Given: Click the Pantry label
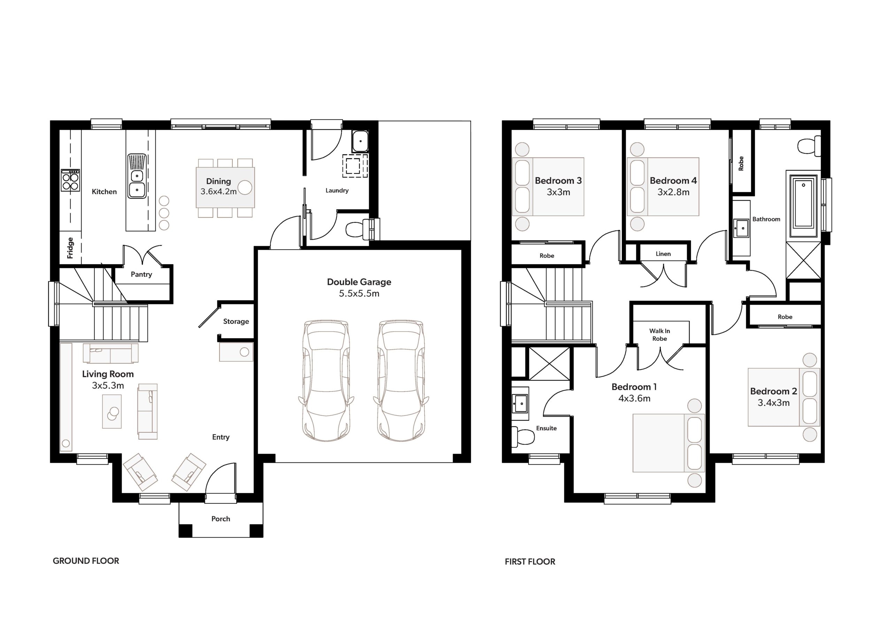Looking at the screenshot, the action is pos(141,274).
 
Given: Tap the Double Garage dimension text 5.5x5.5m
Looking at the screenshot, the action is pos(359,294).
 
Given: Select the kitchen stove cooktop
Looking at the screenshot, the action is pos(70,180).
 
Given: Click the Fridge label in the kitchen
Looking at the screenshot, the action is pos(70,248).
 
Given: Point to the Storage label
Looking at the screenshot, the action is pos(236,321).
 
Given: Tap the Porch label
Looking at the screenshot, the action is pos(221,519).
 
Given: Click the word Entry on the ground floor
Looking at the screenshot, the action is pos(221,438).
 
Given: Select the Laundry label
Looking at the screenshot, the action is pos(337,190).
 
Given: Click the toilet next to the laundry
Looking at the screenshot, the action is pos(358,229).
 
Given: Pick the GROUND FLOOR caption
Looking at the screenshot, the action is pos(86,561).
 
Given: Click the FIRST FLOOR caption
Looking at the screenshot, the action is pos(530,561).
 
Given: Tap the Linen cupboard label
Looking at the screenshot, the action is pos(663,254).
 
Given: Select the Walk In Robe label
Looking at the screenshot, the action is pos(660,335).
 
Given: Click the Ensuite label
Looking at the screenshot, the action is pos(546,428).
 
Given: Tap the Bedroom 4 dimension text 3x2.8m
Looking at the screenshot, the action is pos(673,192).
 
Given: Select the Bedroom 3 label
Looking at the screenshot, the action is pos(558,181).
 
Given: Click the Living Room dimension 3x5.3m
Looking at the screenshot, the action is pos(108,385).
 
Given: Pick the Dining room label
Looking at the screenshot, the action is pos(218,181).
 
